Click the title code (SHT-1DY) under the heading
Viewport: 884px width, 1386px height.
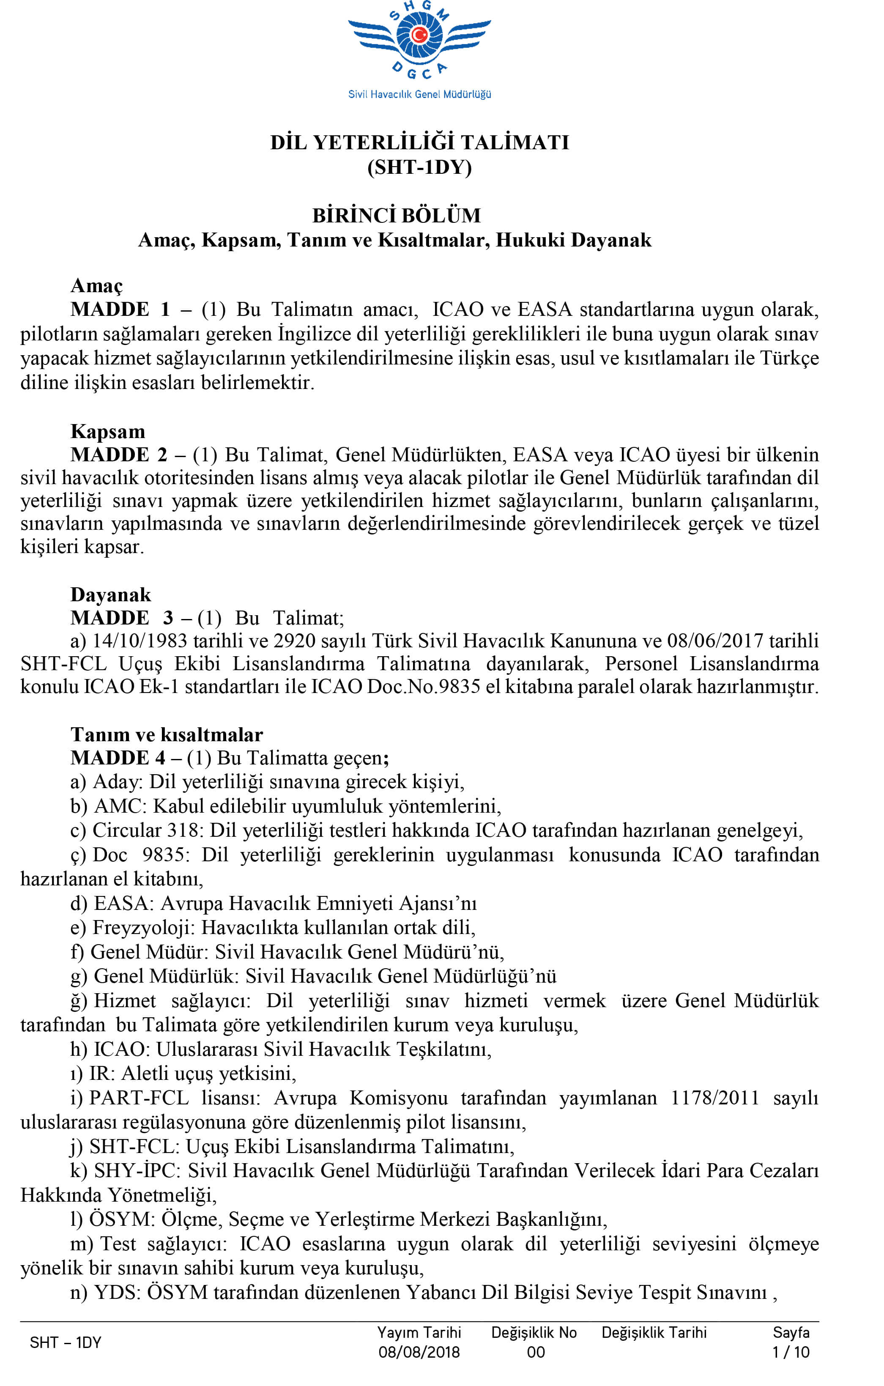pos(419,167)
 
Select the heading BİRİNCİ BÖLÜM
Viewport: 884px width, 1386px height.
pos(397,215)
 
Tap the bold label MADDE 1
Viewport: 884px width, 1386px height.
pos(120,310)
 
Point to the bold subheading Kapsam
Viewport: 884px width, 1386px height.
pos(108,431)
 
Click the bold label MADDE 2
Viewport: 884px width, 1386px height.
pos(118,455)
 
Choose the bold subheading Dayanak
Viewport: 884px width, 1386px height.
pos(110,594)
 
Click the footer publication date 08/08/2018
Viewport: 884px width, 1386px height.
pos(419,1352)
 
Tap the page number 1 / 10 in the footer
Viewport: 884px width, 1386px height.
pos(791,1352)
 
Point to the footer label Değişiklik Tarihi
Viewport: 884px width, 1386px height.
pos(654,1332)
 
